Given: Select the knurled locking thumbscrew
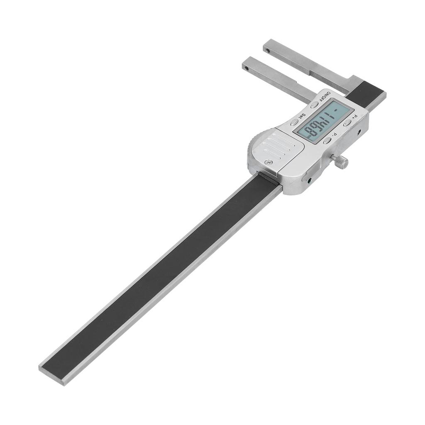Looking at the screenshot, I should [341, 162].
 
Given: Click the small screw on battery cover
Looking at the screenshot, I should [269, 162].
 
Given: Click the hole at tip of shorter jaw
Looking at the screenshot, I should [247, 68].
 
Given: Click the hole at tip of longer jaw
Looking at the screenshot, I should [268, 51].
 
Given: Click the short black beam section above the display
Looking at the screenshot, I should [364, 94].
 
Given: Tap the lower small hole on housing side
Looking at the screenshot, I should [309, 181].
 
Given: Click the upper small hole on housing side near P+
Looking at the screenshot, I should [359, 132].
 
